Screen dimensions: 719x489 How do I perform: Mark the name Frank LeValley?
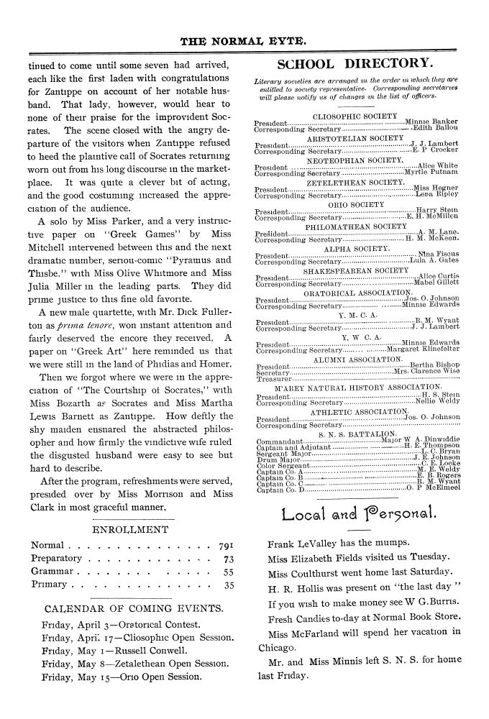(x=303, y=545)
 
